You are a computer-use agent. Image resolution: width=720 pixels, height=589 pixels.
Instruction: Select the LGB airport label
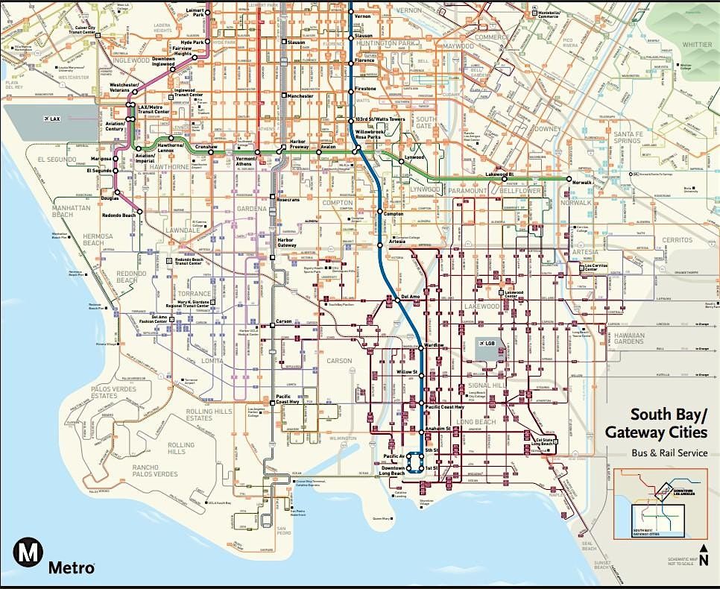[x=489, y=342]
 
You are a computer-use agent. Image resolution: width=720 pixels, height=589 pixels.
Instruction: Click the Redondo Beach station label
[x=119, y=215]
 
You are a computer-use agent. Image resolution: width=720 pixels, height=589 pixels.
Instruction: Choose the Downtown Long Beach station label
[x=391, y=471]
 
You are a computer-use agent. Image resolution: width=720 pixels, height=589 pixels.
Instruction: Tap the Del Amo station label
[x=411, y=296]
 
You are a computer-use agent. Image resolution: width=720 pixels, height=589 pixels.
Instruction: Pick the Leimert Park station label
[x=193, y=12]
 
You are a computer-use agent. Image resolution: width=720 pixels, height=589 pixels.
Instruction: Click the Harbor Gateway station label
[x=287, y=242]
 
